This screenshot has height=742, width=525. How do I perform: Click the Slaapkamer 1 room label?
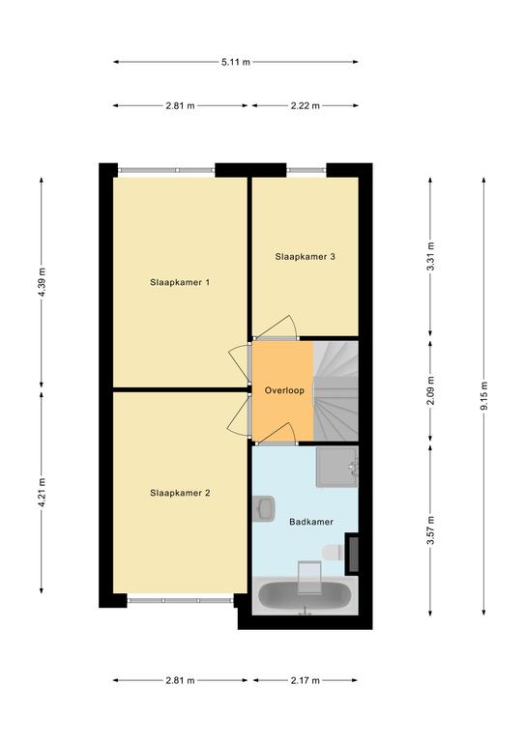pyautogui.click(x=180, y=282)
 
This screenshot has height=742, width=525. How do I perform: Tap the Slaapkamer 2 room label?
pyautogui.click(x=180, y=493)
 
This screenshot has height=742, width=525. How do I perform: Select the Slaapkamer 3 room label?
pyautogui.click(x=306, y=256)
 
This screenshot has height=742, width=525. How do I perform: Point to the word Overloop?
pyautogui.click(x=284, y=390)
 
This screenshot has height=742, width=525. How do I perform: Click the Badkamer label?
pyautogui.click(x=311, y=522)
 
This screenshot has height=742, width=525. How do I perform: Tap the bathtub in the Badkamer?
pyautogui.click(x=305, y=597)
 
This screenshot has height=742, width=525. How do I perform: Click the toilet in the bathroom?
pyautogui.click(x=333, y=553)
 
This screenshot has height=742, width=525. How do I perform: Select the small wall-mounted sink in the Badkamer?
pyautogui.click(x=263, y=508)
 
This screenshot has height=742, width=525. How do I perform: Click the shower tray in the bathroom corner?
pyautogui.click(x=336, y=467)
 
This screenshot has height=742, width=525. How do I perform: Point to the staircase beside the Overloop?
pyautogui.click(x=335, y=391)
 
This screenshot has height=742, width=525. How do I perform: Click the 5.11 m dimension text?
pyautogui.click(x=236, y=62)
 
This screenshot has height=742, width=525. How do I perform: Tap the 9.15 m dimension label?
pyautogui.click(x=483, y=396)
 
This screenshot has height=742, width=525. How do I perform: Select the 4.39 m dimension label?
pyautogui.click(x=42, y=282)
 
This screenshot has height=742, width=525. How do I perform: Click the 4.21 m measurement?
pyautogui.click(x=42, y=493)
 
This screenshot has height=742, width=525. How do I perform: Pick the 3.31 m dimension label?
pyautogui.click(x=430, y=256)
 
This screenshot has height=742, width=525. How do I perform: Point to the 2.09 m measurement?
pyautogui.click(x=430, y=390)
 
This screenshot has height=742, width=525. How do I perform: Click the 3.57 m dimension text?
pyautogui.click(x=430, y=530)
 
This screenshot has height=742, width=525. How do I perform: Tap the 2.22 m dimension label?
pyautogui.click(x=306, y=106)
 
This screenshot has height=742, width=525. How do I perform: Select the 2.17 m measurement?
pyautogui.click(x=306, y=680)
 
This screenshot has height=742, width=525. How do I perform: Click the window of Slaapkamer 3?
pyautogui.click(x=306, y=170)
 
